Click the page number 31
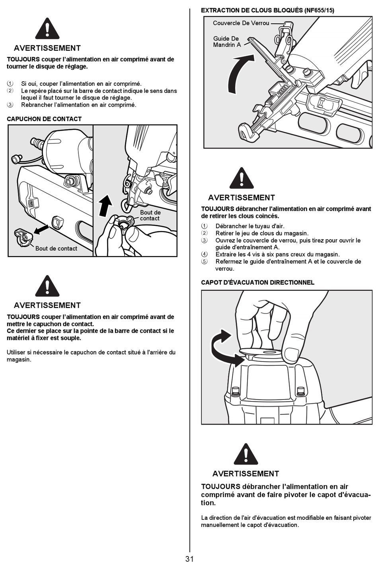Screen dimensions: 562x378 click(189, 559)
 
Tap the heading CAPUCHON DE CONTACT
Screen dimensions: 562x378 click(44, 119)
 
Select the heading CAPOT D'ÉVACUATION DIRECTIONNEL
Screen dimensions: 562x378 click(257, 282)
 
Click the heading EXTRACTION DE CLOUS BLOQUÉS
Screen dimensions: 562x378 click(252, 10)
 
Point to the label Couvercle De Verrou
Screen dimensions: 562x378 click(241, 23)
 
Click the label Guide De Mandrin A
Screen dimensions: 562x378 click(227, 42)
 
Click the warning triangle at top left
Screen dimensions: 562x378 click(47, 29)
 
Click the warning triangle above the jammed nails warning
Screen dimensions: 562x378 click(242, 178)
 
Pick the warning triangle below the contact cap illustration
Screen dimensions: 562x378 click(47, 286)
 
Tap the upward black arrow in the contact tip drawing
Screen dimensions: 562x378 click(105, 204)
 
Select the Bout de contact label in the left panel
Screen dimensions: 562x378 click(56, 249)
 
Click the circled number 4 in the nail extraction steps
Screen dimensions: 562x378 click(205, 254)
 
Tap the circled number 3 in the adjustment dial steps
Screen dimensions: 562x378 click(10, 105)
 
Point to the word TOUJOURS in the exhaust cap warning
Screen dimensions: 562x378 click(220, 486)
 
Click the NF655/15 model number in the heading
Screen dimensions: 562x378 click(320, 10)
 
